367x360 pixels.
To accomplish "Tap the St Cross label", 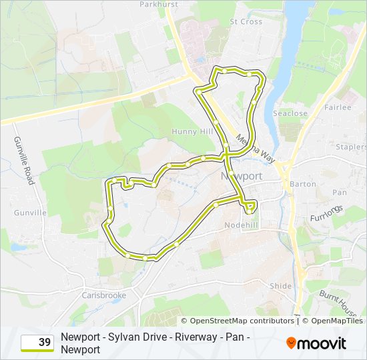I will point(246,21).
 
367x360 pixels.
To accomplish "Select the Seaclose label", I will point(290,113).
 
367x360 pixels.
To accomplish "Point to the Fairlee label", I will point(337,107).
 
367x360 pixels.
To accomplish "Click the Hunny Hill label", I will point(191,131).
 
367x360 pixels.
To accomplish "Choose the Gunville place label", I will point(30,213).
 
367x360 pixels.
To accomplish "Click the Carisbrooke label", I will point(103,295).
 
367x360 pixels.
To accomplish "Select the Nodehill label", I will point(259,225).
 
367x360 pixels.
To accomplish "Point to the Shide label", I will point(281,286).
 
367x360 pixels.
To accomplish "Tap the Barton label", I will point(303,184).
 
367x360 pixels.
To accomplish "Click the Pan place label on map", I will point(340,193).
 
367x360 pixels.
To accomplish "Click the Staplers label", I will point(352,147).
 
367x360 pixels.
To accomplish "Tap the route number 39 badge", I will point(37,343).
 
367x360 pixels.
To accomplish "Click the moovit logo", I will point(316,343).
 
